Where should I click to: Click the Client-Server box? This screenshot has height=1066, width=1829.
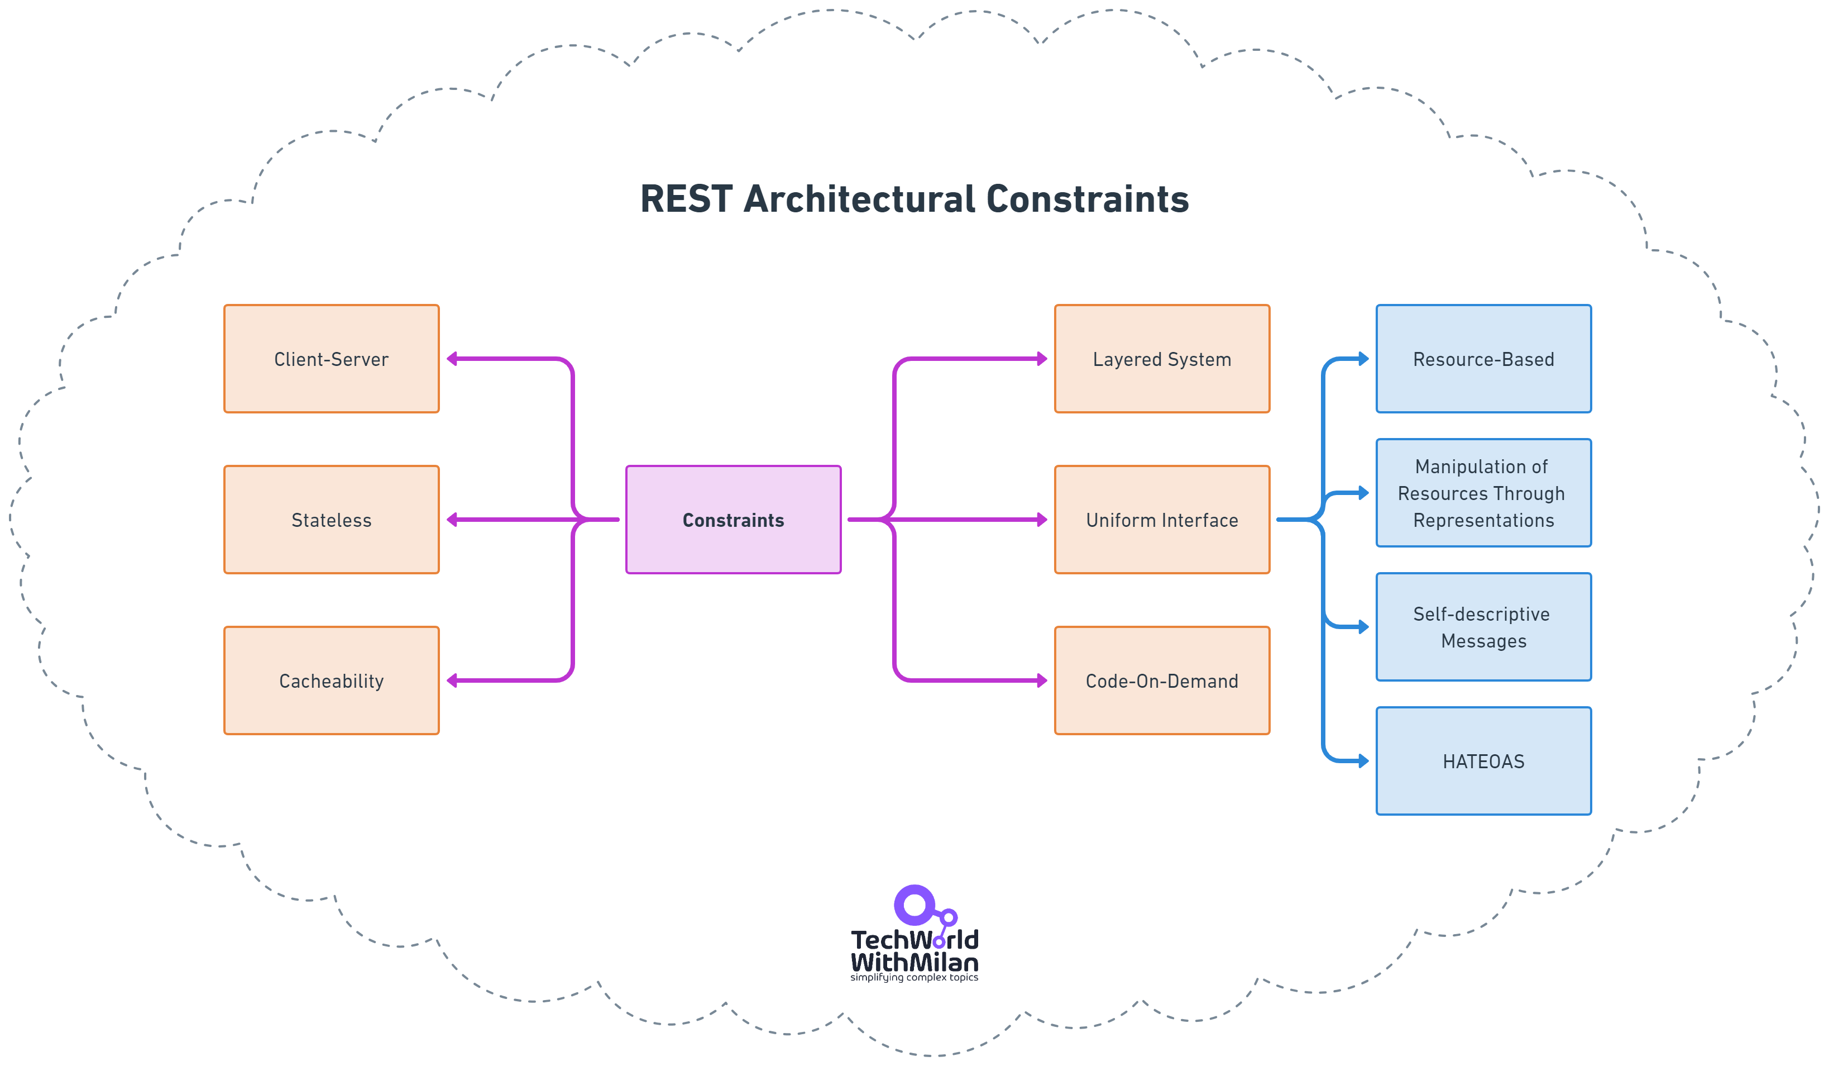(331, 359)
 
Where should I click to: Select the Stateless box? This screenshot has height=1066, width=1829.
(331, 520)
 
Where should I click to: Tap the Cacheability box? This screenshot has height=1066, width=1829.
(331, 680)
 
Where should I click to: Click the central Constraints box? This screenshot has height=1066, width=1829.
(733, 520)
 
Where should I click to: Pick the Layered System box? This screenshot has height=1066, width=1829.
(1161, 359)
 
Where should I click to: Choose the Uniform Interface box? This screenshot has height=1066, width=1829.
(1161, 520)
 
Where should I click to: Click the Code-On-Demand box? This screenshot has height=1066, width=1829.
(1161, 680)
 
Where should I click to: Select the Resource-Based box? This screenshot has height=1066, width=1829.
(1483, 359)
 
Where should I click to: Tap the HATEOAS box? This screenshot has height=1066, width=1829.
(1483, 761)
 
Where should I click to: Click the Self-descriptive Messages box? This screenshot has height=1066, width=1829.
(1483, 627)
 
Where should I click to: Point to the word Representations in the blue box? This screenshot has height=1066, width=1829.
(1483, 521)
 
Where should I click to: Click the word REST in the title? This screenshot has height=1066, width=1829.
(686, 199)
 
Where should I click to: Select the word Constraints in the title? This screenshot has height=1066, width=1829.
(1087, 199)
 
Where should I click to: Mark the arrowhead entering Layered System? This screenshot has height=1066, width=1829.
(1042, 359)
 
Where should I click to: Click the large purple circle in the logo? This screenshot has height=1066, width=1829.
(914, 905)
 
